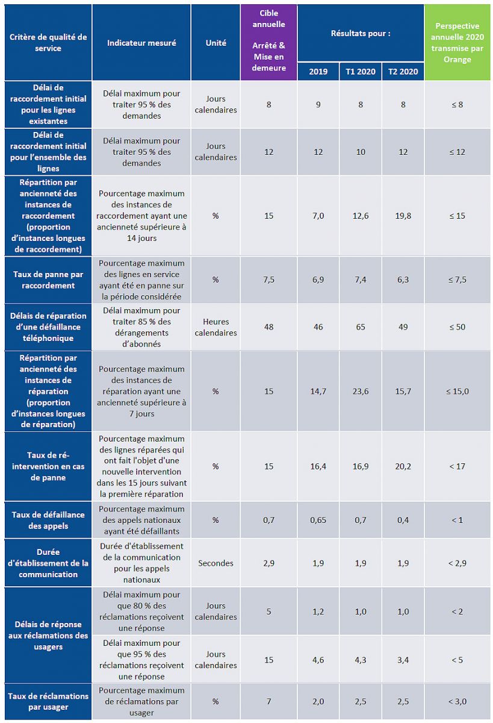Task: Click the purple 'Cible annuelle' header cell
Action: pos(268,42)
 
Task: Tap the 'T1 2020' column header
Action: pos(361,72)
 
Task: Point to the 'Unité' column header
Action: pos(216,43)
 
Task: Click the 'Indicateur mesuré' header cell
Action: pos(141,43)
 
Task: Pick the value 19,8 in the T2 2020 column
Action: pos(403,216)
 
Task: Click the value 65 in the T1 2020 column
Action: pos(361,327)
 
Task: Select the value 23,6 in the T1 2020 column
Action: pos(361,392)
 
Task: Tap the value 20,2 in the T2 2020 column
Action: pos(403,466)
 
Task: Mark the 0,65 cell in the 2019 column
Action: pos(318,520)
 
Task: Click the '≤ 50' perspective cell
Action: pos(458,327)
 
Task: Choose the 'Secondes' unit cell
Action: pos(216,563)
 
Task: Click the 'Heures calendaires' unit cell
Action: pos(216,327)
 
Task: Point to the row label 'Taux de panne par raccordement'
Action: pos(48,280)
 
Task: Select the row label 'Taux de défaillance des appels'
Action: pos(48,520)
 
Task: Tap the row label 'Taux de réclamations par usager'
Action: pos(48,701)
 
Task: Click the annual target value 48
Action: pos(268,327)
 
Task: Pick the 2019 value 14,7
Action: pos(318,392)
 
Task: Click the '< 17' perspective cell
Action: pos(458,466)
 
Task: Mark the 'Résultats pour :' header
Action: pos(361,33)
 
